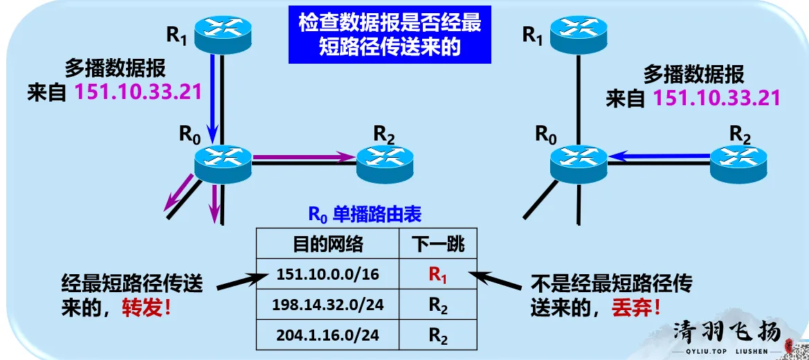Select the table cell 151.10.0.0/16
tap(328, 275)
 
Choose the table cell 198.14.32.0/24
tap(328, 305)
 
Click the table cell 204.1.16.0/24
tap(328, 336)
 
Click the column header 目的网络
tap(328, 244)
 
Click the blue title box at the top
tap(390, 34)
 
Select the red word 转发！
tap(147, 307)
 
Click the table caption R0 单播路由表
tap(364, 215)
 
